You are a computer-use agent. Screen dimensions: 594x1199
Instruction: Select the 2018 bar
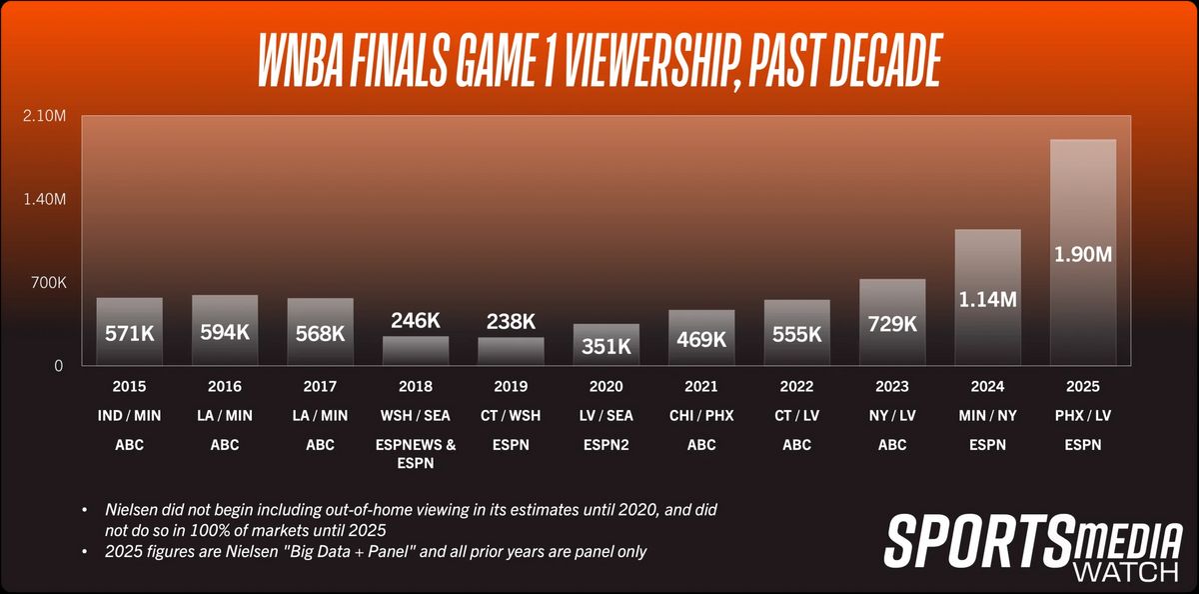tap(416, 350)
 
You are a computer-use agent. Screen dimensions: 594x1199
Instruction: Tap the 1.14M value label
tap(987, 298)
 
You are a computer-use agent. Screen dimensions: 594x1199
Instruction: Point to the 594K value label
tap(225, 332)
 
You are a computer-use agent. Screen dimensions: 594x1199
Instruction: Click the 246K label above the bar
tap(416, 321)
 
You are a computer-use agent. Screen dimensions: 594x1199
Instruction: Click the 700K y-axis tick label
tap(46, 283)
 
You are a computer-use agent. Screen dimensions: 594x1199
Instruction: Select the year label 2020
tap(606, 386)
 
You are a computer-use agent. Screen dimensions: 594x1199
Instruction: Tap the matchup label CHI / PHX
tap(701, 416)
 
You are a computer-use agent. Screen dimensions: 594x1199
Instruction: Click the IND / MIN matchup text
tap(130, 416)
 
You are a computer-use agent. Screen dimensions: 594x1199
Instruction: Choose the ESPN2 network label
tap(606, 445)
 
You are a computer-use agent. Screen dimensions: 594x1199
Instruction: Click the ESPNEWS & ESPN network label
tap(416, 453)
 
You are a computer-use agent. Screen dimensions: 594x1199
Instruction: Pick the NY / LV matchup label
tap(892, 416)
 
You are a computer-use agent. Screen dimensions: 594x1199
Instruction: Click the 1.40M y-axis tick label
tap(44, 199)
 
